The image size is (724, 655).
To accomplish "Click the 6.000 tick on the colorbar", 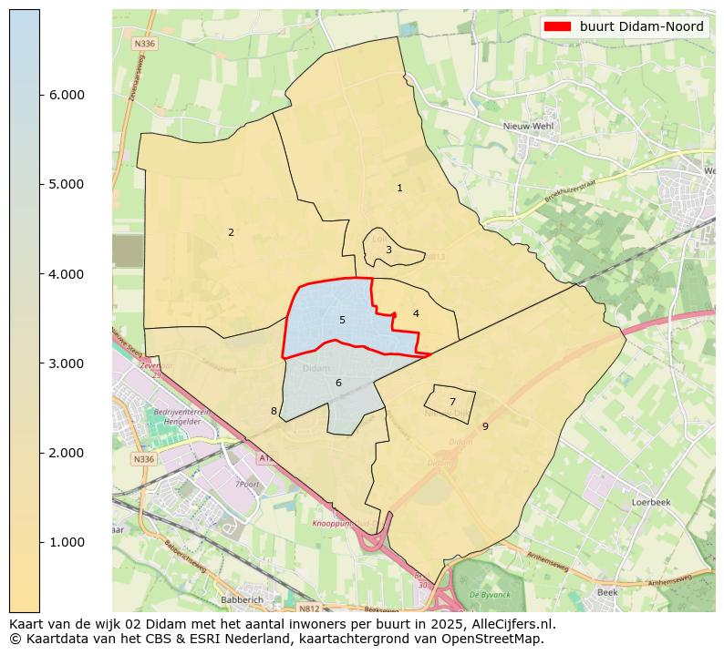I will coord(40,95).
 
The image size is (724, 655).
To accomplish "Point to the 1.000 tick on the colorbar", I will coord(40,542).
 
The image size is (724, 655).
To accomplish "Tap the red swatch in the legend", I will coord(557,27).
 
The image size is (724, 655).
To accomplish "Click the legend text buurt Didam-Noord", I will coord(641,27).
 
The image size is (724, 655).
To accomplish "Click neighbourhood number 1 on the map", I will coord(399,189).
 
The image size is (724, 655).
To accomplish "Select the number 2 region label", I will coord(231,233).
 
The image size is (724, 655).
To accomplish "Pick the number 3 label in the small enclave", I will coord(388,250).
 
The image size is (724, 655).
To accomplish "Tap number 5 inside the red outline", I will coord(342,320).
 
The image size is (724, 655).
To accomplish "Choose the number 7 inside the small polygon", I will coord(452,402).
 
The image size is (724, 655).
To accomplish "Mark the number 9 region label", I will coord(485,426).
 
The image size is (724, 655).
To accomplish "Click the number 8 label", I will coord(274,412).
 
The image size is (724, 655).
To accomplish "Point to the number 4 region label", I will coord(416,313).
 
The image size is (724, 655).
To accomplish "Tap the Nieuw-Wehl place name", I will coord(531,128).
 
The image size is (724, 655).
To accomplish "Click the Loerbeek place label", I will coord(651,502).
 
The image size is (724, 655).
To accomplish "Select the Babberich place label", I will coord(243,600).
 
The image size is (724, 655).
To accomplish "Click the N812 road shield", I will coord(310,608).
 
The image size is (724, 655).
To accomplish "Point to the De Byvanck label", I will coord(488,594).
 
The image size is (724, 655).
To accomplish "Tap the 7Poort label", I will coord(247,484).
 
